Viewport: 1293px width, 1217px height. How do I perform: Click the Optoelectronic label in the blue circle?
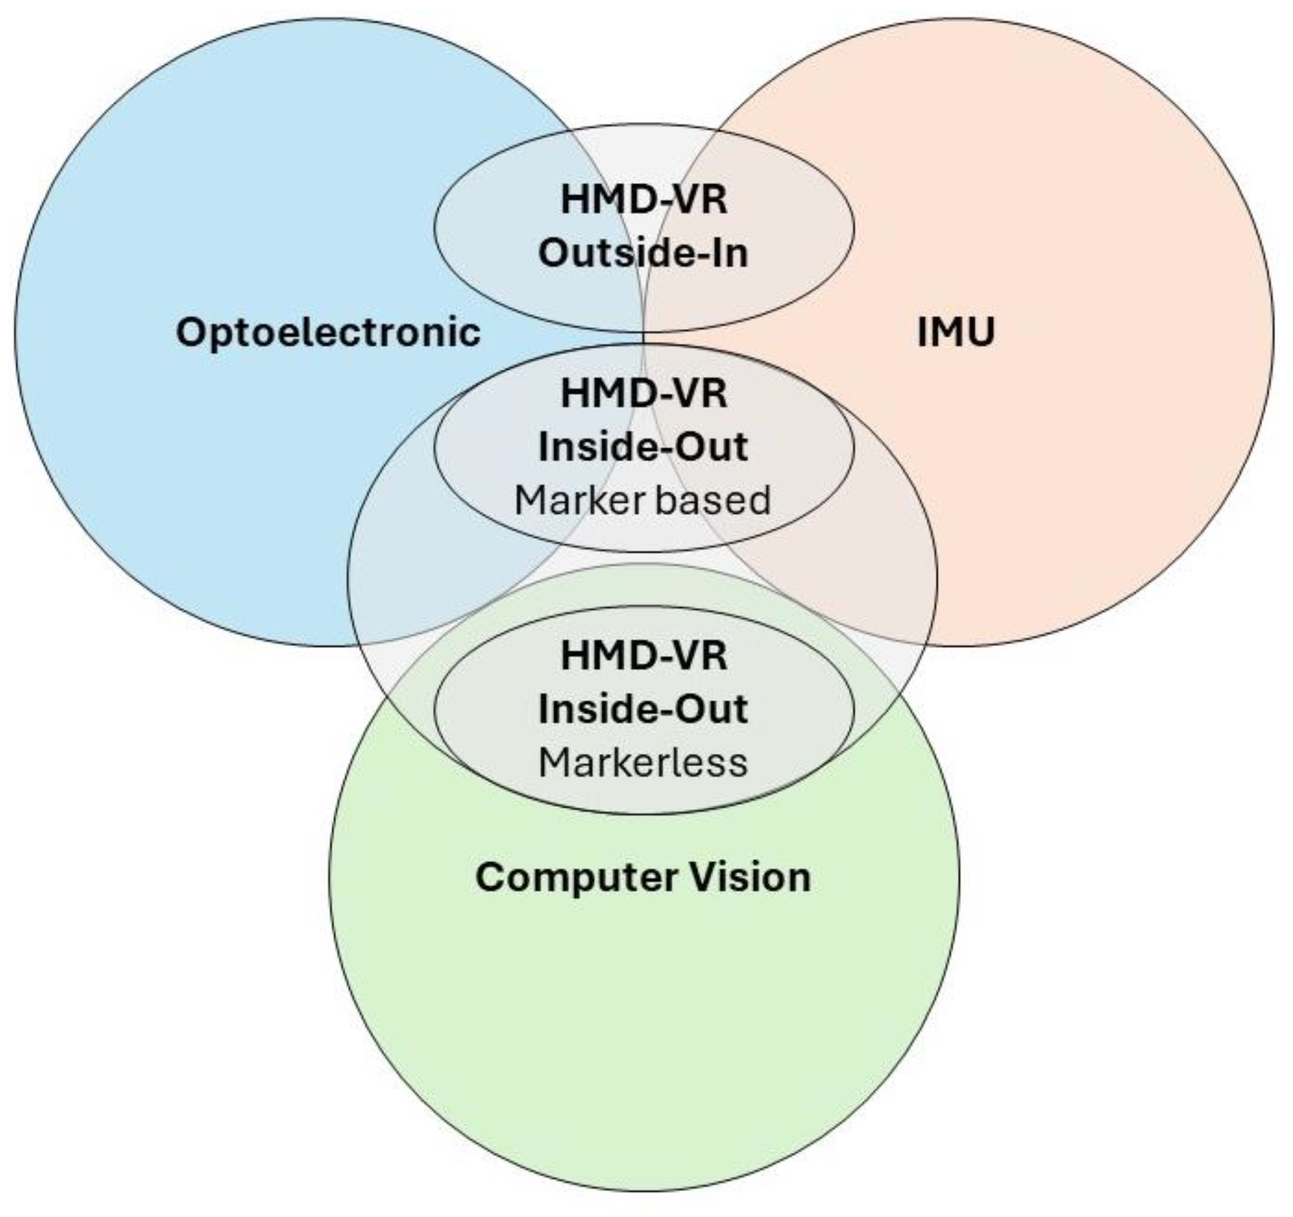coord(328,332)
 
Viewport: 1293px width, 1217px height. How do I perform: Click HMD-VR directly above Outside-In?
coord(644,199)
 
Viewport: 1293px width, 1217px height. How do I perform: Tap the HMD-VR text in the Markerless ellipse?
coord(644,655)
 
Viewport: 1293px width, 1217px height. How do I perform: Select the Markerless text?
coord(643,762)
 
